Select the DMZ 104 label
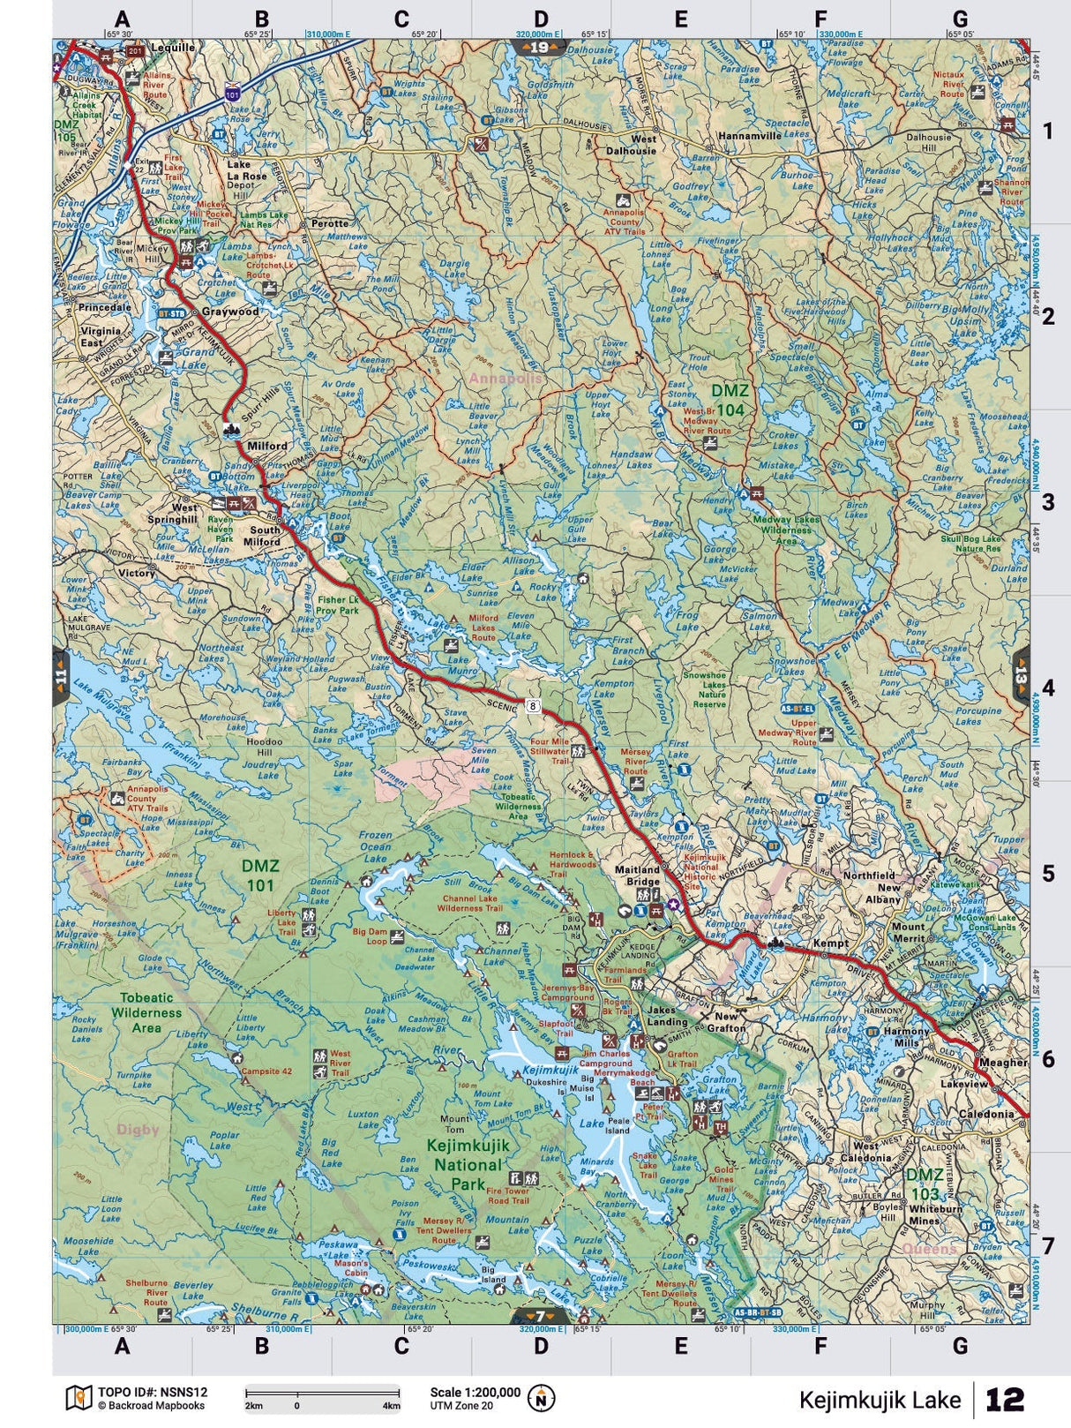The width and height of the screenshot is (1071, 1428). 730,400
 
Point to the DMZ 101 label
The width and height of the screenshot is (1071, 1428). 260,876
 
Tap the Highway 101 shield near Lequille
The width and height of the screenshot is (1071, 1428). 232,92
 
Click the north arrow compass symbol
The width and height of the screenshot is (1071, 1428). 540,1397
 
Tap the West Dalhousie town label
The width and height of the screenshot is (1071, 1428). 643,145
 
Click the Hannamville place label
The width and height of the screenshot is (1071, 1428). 750,137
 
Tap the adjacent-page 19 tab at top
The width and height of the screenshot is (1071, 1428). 540,46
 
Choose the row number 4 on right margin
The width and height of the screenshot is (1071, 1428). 1048,688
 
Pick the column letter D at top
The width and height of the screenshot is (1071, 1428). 540,19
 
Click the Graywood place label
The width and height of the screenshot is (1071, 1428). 230,312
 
